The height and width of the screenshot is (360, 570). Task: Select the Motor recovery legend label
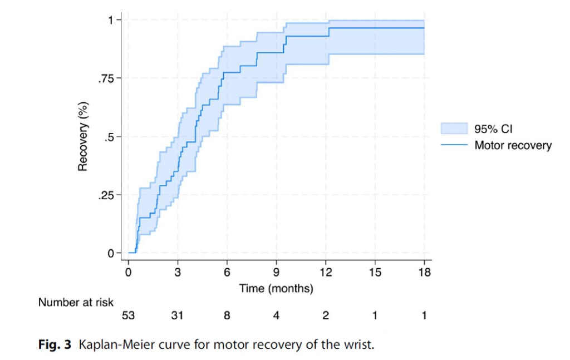coord(513,145)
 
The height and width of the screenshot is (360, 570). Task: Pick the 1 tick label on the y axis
coord(111,21)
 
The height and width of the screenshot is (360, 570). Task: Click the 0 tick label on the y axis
coord(111,254)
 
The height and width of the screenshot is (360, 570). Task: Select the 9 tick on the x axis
coord(277,273)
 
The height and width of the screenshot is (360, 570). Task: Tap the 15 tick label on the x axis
coord(375,273)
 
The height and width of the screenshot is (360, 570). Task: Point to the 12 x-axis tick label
coord(326,273)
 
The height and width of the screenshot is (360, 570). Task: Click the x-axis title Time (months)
coord(277,289)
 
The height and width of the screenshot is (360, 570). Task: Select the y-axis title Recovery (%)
coord(83,136)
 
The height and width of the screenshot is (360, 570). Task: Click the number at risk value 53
coord(129,316)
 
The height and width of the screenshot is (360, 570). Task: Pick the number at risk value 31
coord(178,316)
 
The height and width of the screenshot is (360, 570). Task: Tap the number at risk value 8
coord(227,316)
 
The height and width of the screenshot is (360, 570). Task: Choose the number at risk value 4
coord(277,316)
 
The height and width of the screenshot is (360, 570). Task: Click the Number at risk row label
coord(76,302)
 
